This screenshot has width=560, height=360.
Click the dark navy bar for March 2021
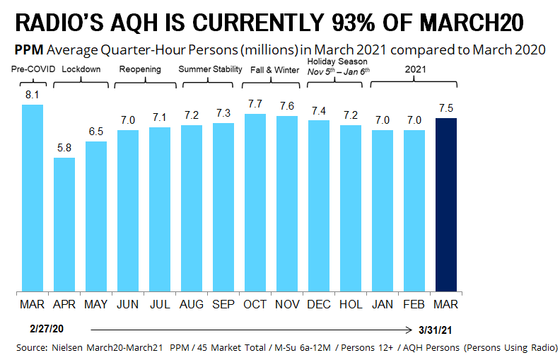pos(446,204)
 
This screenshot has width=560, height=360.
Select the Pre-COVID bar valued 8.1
pos(33,197)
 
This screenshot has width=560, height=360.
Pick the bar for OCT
pos(255,202)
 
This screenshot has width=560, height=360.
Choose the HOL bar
pos(351,208)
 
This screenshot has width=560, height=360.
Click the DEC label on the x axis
pos(319,304)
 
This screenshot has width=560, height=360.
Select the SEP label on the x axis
pos(223,304)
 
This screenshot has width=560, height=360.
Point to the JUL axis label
pos(160,304)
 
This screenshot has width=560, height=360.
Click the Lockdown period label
pos(81,69)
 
